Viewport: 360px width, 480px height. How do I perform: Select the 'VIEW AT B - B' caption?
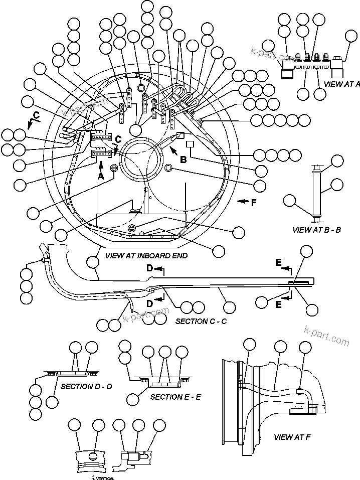tap(316, 230)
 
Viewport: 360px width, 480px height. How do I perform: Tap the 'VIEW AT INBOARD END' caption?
tap(146, 255)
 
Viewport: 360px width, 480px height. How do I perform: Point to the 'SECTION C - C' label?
tap(201, 321)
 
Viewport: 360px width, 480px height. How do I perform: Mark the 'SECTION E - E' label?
tap(175, 397)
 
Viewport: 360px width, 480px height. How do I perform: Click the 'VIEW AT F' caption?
tap(292, 437)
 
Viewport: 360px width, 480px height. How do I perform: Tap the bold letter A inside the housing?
tap(100, 177)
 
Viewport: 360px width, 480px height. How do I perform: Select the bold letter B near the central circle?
tap(184, 160)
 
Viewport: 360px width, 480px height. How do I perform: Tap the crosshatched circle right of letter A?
tap(114, 168)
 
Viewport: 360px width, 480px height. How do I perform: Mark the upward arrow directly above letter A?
tap(100, 165)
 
